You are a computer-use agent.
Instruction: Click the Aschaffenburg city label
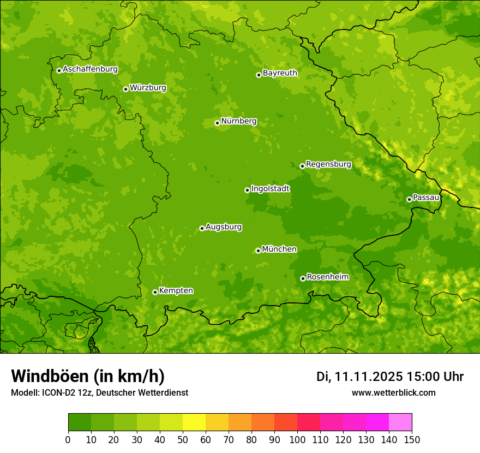pos(90,69)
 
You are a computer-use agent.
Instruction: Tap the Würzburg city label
pos(148,88)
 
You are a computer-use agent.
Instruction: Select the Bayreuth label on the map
pos(280,73)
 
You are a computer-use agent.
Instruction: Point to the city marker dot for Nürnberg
pos(217,123)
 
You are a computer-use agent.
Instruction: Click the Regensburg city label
pos(328,164)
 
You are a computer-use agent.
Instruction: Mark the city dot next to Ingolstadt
pos(247,190)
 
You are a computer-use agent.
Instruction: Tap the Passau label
pos(426,198)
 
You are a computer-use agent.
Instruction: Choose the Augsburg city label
pos(224,227)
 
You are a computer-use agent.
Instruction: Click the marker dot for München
pos(258,251)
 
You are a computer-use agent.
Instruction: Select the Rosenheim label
pos(327,277)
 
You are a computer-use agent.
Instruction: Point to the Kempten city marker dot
pos(155,292)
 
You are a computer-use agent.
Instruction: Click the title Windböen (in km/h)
pos(87,376)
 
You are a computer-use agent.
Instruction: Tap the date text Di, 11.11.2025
pos(359,377)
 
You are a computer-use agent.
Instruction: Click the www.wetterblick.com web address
pos(393,392)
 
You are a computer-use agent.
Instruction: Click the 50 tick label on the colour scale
pos(182,439)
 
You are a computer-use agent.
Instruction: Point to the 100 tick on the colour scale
pos(297,439)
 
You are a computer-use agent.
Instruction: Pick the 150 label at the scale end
pos(411,439)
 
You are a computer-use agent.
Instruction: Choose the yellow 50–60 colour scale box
pos(194,422)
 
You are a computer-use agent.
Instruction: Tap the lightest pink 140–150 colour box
pos(400,422)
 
